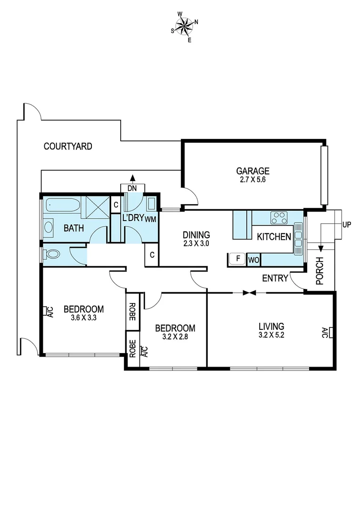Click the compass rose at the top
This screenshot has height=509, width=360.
[x=184, y=26]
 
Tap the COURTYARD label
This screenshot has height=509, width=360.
[x=68, y=147]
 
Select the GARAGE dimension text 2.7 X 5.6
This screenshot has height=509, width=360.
[x=253, y=180]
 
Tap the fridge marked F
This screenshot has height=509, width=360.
[x=237, y=259]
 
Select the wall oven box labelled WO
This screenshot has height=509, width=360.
[x=253, y=260]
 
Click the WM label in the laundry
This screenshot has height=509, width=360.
[x=150, y=219]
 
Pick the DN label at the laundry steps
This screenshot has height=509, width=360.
[x=132, y=189]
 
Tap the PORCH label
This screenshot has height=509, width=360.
[x=319, y=271]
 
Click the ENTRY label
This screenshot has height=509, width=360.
[x=275, y=279]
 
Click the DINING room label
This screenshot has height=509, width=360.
[x=196, y=235]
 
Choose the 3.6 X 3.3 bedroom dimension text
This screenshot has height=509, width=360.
[x=83, y=318]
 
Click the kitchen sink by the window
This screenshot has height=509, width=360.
[x=298, y=235]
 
